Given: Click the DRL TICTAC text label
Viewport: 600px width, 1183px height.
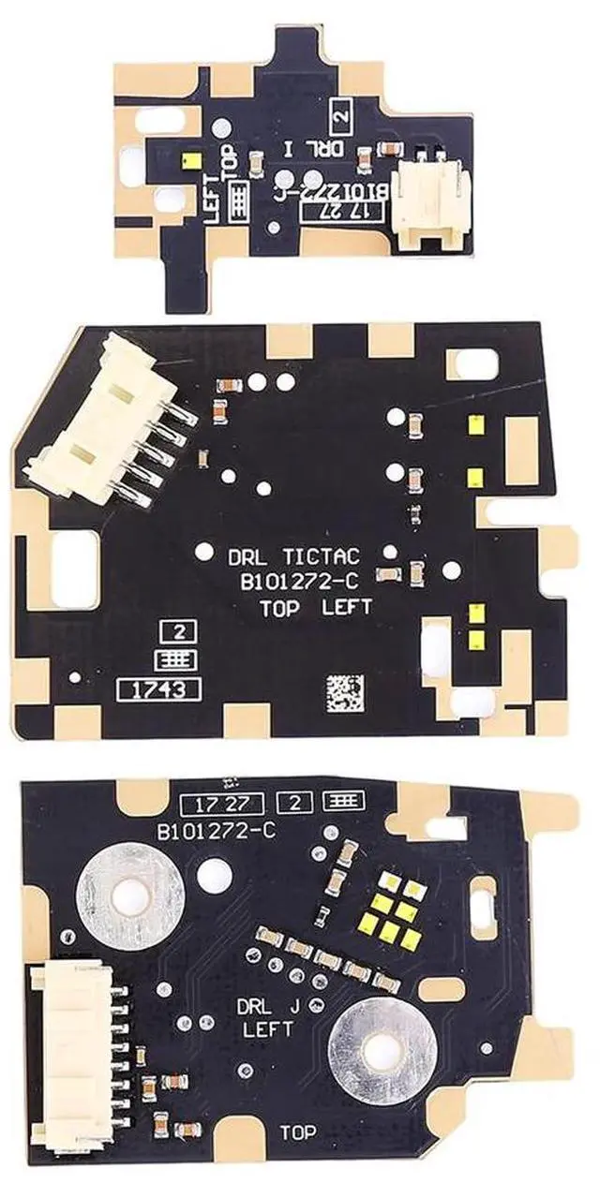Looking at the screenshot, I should click(x=292, y=557).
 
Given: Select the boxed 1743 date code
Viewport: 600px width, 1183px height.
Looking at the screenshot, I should click(x=158, y=690).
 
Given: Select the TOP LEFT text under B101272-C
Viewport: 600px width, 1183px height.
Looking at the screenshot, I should click(x=315, y=607).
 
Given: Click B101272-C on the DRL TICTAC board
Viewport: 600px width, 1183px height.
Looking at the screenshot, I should click(x=293, y=582).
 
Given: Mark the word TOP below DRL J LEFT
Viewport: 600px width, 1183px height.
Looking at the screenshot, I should click(x=297, y=1133).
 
